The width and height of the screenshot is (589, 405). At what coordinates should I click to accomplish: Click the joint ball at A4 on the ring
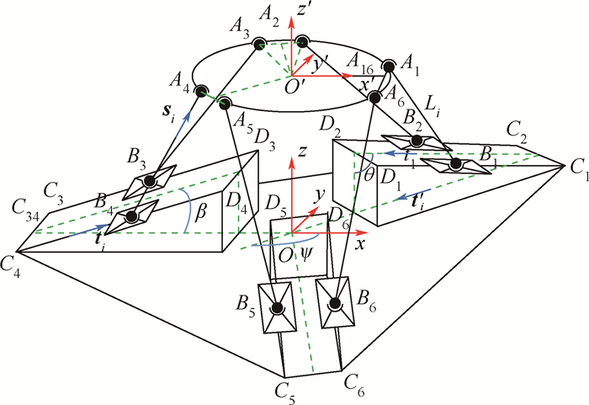(x=201, y=90)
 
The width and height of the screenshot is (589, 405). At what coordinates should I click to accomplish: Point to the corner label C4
(x=12, y=264)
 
